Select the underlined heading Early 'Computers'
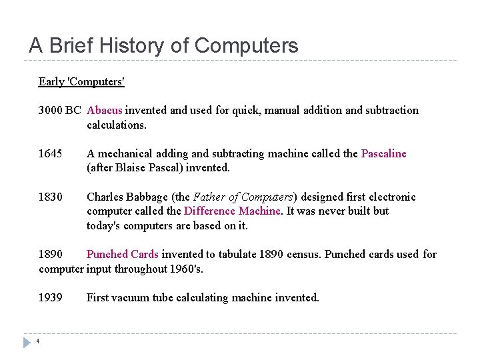(81, 82)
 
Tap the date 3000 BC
(59, 111)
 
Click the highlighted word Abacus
(105, 111)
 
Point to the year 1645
(50, 154)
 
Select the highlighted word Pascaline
(383, 154)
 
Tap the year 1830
(50, 197)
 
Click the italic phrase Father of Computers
(243, 197)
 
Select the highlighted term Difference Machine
(232, 211)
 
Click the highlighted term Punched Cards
(122, 255)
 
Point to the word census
(303, 255)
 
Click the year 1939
(50, 298)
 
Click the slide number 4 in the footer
(38, 343)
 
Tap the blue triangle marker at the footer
(27, 343)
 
